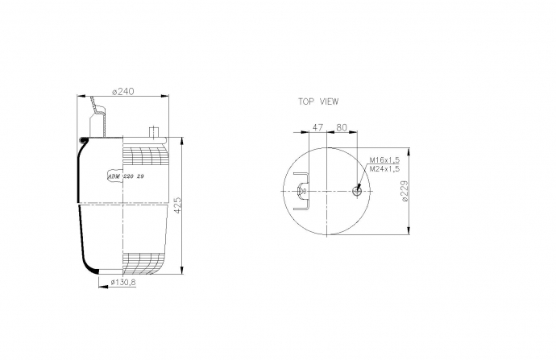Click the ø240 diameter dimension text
123,92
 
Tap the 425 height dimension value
178,205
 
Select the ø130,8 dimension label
123,282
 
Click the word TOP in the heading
306,101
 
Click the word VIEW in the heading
330,101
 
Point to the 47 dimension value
317,127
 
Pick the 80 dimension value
341,127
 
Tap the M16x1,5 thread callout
384,160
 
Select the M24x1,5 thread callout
384,169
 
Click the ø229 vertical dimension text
405,192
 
